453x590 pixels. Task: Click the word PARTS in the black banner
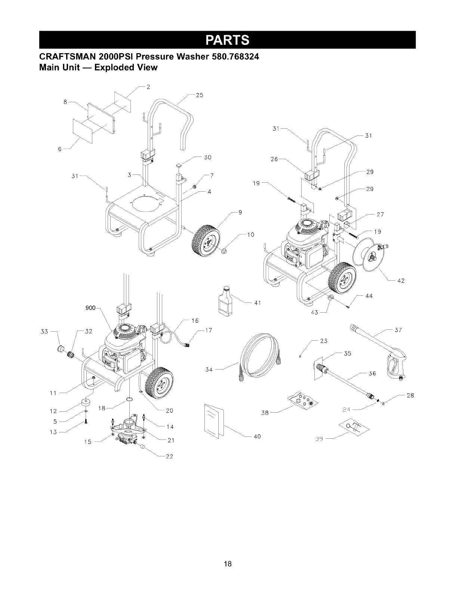click(226, 40)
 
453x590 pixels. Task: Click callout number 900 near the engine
click(90, 308)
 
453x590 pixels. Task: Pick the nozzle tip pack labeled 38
click(303, 401)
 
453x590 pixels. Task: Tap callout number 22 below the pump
click(169, 457)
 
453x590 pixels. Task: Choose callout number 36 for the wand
click(372, 373)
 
